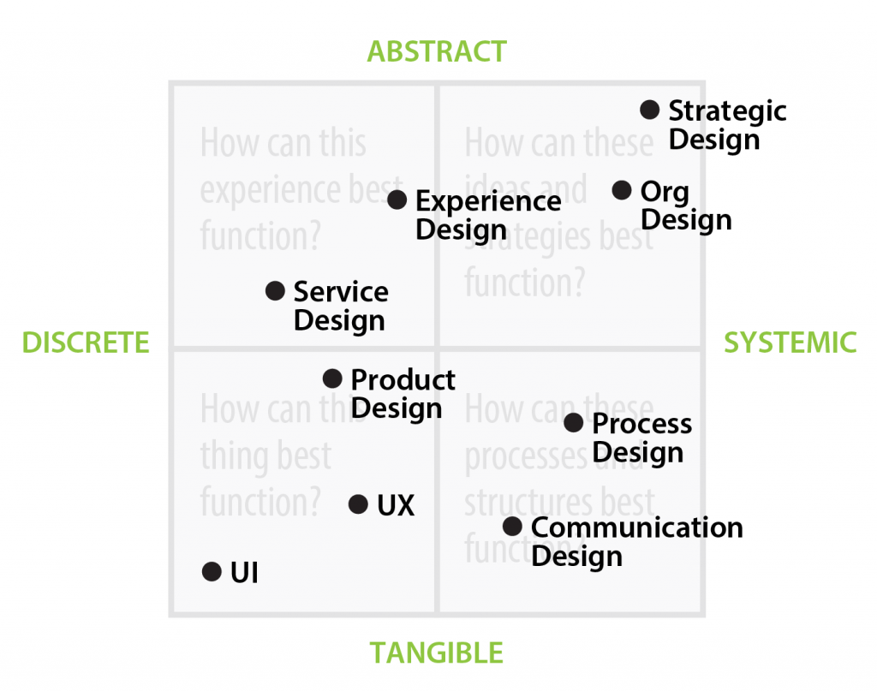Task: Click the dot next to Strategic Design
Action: tap(650, 110)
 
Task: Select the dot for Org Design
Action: tap(623, 190)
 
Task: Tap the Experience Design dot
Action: tap(397, 200)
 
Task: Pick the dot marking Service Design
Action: tap(275, 291)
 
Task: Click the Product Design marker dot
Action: tap(332, 378)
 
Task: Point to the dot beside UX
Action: tap(359, 504)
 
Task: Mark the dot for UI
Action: tap(212, 572)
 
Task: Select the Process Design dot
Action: tap(574, 423)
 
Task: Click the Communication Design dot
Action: tap(512, 527)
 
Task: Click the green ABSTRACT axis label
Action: tap(437, 51)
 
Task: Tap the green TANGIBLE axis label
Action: tap(437, 653)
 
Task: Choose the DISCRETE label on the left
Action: tap(86, 343)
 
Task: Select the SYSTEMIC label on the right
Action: tap(790, 343)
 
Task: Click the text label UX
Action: tap(396, 505)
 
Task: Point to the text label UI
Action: tap(244, 573)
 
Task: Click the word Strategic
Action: tap(727, 110)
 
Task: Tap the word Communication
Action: tap(636, 527)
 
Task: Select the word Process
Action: tap(641, 424)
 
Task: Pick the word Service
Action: tap(341, 291)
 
